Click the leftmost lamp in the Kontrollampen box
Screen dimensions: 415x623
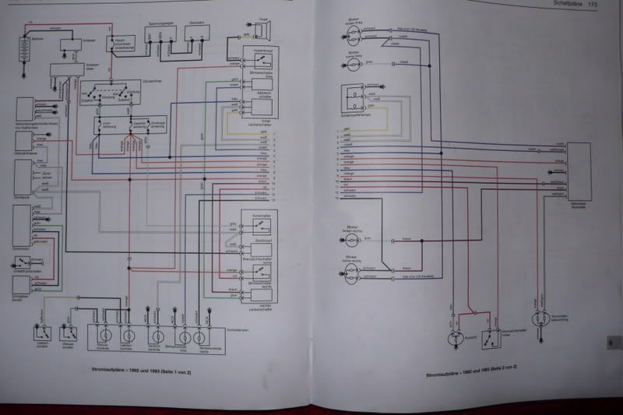tap(104, 335)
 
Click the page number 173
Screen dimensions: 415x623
tap(593, 5)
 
